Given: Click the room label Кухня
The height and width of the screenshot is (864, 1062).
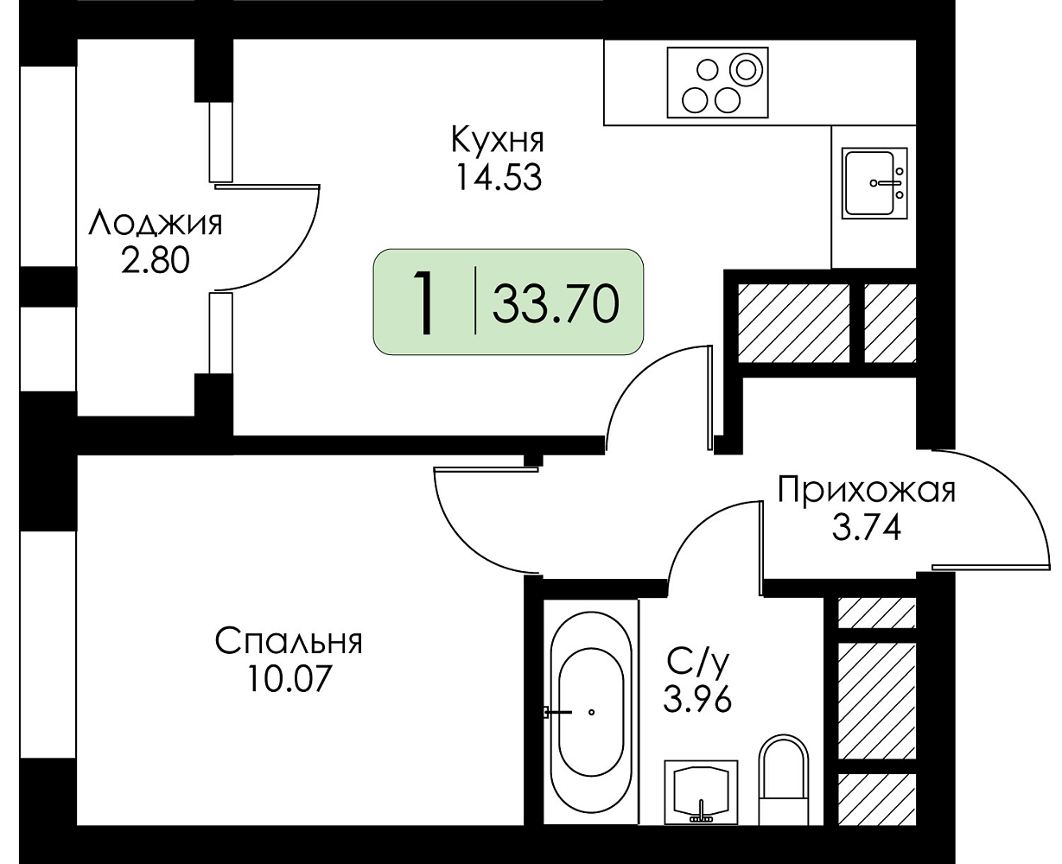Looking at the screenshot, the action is pos(498,140).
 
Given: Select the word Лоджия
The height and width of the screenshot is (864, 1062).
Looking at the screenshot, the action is pos(155,224).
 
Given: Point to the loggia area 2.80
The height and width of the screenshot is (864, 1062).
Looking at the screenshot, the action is pos(155,260).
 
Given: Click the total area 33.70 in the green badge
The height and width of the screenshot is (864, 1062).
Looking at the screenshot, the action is pos(556,303).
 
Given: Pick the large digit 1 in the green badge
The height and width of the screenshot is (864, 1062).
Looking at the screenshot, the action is pos(425,302).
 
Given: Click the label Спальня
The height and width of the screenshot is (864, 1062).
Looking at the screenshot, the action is pos(289,641).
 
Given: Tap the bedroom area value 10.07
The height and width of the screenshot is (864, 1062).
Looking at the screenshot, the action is pos(289,678).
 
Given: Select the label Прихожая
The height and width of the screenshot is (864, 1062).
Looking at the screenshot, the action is pos(867,491).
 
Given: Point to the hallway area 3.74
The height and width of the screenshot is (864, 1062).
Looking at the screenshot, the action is pos(867,528).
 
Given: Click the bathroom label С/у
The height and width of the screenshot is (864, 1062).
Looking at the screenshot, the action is pos(698,662).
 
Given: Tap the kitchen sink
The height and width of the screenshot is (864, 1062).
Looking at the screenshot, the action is pos(874,183).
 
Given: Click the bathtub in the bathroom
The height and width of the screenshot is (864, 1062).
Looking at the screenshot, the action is pos(590,719).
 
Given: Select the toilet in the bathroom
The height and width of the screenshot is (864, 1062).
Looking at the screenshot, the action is pos(783,779).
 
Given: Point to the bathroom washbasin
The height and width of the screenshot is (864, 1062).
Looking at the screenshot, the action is pos(701,792).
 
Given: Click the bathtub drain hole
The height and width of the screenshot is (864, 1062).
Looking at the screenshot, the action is pos(591,713).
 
